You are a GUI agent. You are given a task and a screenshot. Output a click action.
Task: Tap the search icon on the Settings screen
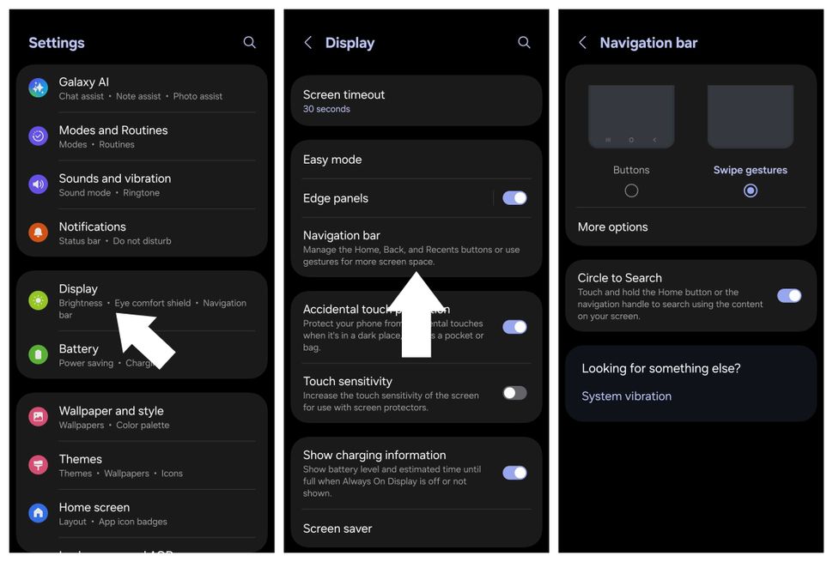pyautogui.click(x=249, y=42)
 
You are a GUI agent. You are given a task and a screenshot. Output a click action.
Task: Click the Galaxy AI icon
pyautogui.click(x=38, y=88)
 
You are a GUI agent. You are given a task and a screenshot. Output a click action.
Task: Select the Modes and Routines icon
pyautogui.click(x=38, y=136)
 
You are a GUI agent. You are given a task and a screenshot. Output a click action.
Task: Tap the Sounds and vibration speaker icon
pyautogui.click(x=38, y=184)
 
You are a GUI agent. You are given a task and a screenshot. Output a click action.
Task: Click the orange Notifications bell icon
pyautogui.click(x=38, y=233)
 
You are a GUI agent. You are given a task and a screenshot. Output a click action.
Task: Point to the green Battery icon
pyautogui.click(x=38, y=354)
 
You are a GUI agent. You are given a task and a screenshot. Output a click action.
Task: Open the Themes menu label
pyautogui.click(x=80, y=459)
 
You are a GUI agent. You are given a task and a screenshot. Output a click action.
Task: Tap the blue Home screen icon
pyautogui.click(x=38, y=513)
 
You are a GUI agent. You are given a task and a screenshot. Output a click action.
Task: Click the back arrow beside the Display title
pyautogui.click(x=308, y=42)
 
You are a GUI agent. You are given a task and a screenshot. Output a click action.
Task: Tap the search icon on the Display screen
pyautogui.click(x=524, y=42)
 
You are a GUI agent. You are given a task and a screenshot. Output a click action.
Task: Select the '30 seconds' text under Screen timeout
pyautogui.click(x=326, y=110)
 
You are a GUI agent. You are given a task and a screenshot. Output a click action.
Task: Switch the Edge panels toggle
pyautogui.click(x=514, y=198)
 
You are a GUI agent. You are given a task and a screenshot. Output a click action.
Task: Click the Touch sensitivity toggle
pyautogui.click(x=514, y=393)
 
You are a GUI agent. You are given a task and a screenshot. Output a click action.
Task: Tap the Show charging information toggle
pyautogui.click(x=514, y=473)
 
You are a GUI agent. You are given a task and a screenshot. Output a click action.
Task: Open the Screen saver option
pyautogui.click(x=337, y=529)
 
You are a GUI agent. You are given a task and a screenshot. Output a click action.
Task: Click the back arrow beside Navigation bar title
pyautogui.click(x=582, y=42)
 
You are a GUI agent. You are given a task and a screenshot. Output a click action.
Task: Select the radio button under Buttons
pyautogui.click(x=631, y=190)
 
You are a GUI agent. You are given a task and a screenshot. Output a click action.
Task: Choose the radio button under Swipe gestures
pyautogui.click(x=751, y=190)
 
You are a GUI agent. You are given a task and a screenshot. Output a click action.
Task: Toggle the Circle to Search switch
pyautogui.click(x=788, y=296)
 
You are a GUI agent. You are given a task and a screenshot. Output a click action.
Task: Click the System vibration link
pyautogui.click(x=626, y=396)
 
